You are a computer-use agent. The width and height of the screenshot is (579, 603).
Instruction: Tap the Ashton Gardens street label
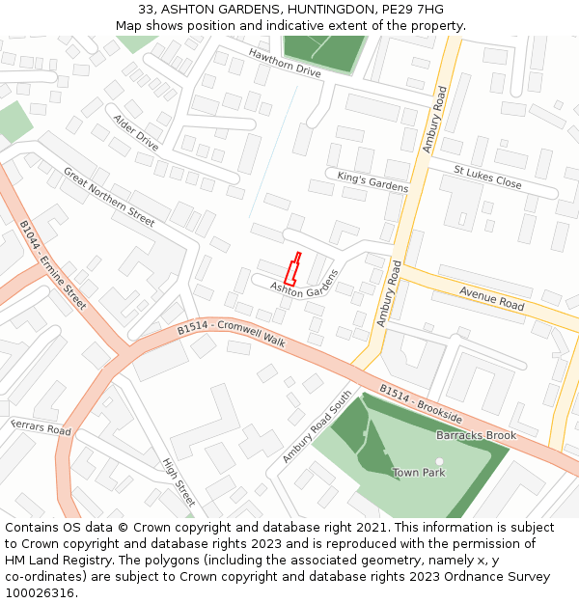pos(305,282)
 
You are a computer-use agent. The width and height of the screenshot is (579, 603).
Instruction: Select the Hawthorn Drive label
pos(285,63)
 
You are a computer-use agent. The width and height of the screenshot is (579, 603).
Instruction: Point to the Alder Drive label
pos(136,132)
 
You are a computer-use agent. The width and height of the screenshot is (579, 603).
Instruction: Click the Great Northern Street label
pos(109,197)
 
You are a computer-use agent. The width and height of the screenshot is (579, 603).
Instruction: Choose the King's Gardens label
pos(372,181)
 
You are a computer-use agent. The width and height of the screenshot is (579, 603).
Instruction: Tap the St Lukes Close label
pos(487,177)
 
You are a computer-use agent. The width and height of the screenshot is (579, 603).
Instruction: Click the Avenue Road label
pos(491,297)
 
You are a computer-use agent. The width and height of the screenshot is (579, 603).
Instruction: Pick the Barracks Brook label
pos(476,435)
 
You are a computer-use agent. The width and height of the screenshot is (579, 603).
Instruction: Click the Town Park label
pos(419,473)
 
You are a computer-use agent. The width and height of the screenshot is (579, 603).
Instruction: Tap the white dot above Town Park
pos(439,461)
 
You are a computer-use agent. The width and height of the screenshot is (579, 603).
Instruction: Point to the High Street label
pos(179,482)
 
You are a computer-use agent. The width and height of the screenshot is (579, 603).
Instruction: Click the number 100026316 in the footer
pos(40,592)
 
